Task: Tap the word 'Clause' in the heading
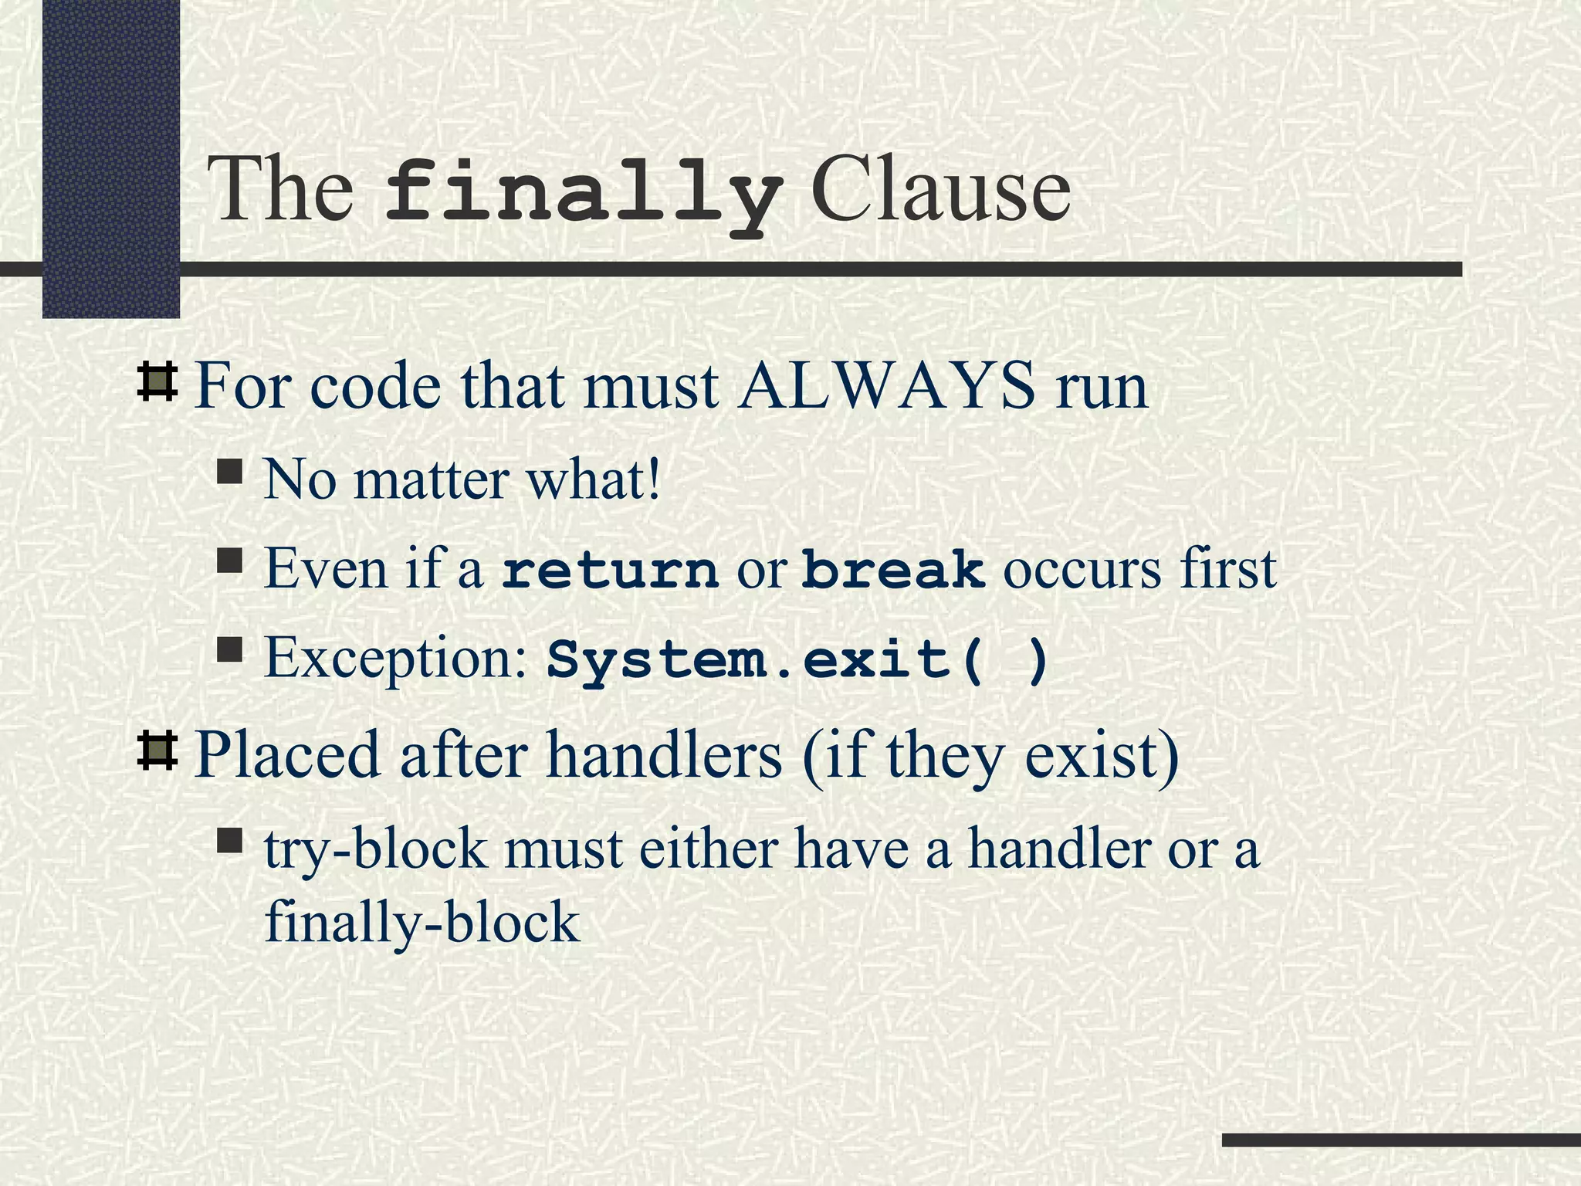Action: (940, 190)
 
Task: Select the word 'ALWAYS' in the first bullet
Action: (886, 385)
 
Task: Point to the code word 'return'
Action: (610, 570)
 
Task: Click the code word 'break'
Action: (893, 570)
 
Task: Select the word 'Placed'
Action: (287, 754)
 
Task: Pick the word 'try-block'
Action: (376, 849)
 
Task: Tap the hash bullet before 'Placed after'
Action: (157, 751)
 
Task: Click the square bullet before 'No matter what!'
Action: (230, 471)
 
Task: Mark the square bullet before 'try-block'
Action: (230, 840)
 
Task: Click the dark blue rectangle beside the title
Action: (110, 158)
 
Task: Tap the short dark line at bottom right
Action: (1400, 1140)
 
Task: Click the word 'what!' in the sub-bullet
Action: (594, 479)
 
